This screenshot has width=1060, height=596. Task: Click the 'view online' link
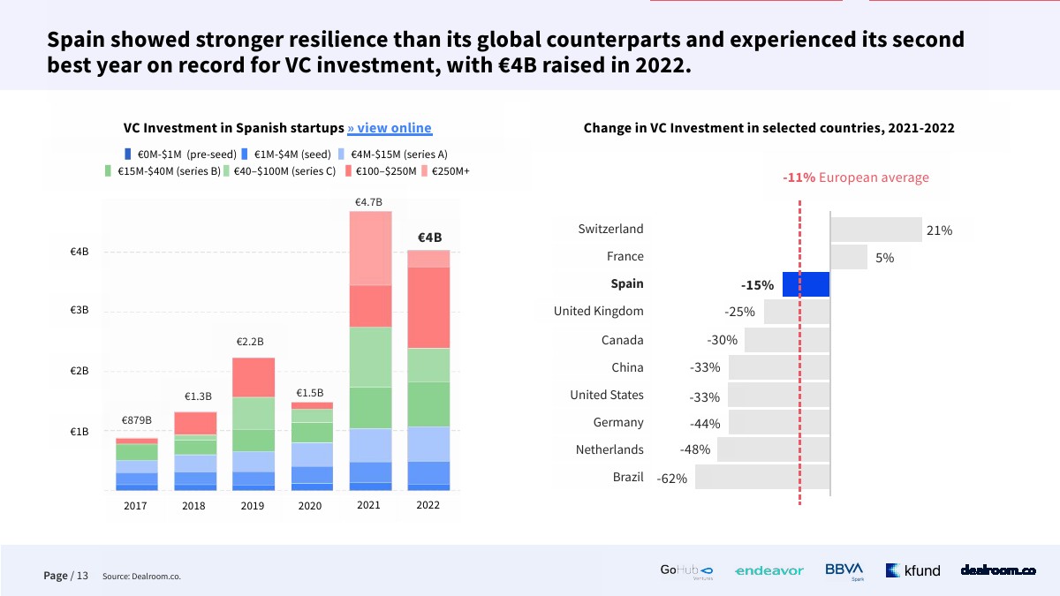(390, 128)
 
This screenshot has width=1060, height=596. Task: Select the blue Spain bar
(806, 284)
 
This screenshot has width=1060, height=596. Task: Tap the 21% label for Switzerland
(939, 230)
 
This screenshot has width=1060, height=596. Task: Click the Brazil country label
(628, 477)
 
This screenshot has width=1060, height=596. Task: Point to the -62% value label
(672, 479)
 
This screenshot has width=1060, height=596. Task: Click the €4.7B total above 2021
(368, 202)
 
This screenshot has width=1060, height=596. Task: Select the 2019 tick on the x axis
(252, 506)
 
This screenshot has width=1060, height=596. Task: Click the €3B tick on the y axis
(79, 311)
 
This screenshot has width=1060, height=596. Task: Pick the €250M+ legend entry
(445, 171)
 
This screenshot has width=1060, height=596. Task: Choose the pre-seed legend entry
(181, 154)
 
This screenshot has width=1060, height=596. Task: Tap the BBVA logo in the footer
(844, 570)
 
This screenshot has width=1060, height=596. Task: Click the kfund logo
(913, 570)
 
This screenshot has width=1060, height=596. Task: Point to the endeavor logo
(768, 571)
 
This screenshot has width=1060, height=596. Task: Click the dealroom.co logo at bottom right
(998, 570)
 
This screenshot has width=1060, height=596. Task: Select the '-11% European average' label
(855, 177)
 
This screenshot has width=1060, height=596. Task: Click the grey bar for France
(848, 257)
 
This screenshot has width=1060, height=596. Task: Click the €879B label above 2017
(137, 419)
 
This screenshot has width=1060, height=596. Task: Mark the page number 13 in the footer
(82, 576)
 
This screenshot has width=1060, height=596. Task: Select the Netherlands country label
(609, 449)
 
